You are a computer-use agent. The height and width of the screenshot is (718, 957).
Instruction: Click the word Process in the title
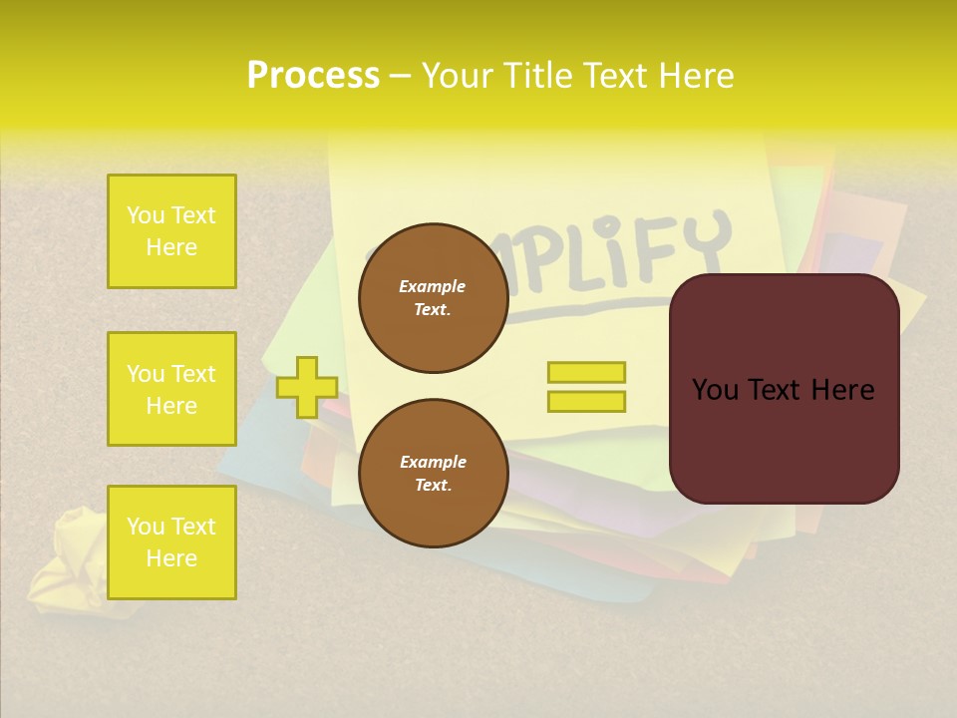pos(313,76)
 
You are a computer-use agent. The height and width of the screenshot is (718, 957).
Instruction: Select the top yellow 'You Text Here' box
pos(171,231)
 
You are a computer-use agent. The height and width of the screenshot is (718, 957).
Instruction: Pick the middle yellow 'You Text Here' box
pos(171,389)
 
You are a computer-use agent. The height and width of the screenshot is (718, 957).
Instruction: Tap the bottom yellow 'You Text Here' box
pos(171,542)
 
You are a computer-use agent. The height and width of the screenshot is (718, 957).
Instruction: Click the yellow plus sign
pos(306,387)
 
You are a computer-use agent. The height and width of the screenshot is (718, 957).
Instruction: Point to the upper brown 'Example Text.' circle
pos(433,298)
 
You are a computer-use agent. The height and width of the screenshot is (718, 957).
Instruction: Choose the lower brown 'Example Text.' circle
pos(433,474)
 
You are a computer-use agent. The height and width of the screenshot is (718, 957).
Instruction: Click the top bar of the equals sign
pos(586,372)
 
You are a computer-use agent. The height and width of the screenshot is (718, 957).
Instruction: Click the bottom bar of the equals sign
pos(586,401)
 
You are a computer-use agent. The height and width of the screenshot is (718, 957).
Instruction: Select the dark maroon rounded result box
pos(784,389)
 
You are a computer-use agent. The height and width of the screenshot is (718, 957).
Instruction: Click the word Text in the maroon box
pos(784,390)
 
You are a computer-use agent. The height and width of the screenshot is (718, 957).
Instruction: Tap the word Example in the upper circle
pos(432,286)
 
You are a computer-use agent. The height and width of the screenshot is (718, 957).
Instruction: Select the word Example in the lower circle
pos(433,462)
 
